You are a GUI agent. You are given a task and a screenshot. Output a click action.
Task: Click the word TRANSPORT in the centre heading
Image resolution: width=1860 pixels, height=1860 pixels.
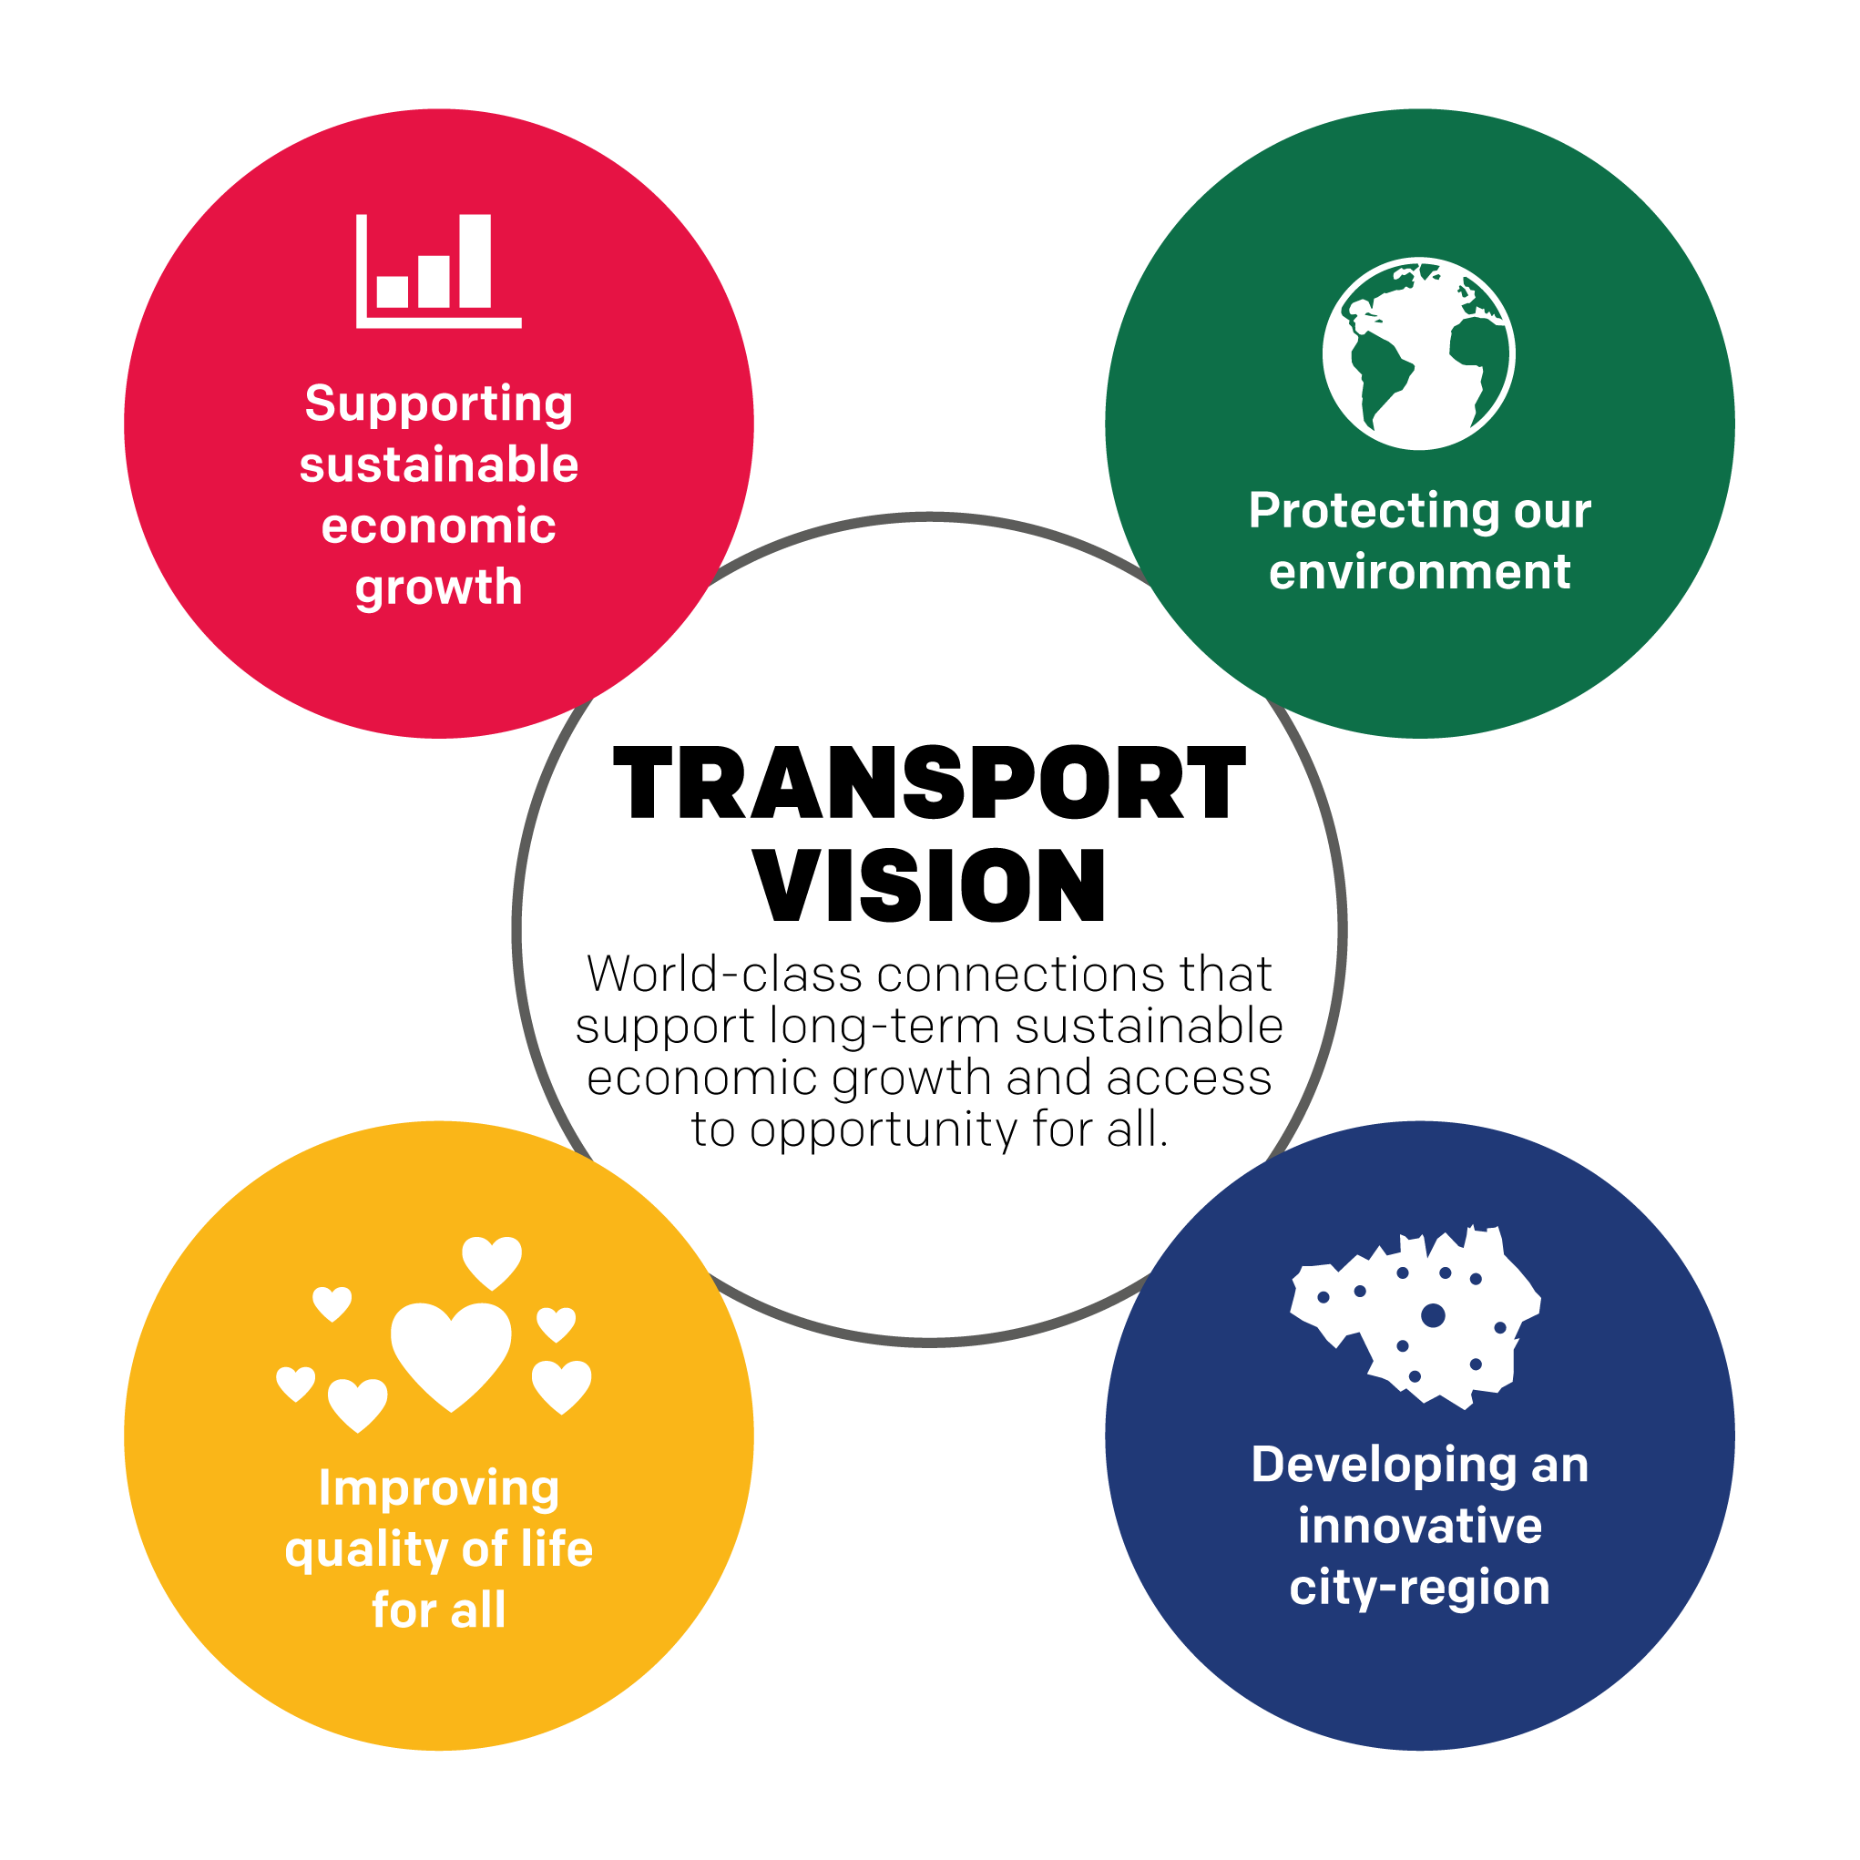929,784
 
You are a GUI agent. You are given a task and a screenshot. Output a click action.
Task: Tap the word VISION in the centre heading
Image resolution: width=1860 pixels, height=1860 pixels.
929,885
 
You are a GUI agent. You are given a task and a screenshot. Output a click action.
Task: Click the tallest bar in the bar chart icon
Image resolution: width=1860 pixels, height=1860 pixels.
475,261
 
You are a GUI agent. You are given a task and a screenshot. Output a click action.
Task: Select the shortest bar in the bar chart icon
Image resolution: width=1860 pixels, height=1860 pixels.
392,291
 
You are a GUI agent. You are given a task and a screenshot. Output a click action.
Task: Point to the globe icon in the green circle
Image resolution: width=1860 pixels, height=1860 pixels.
1418,353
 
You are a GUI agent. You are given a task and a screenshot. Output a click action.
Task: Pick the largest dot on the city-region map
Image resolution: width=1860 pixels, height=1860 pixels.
1433,1315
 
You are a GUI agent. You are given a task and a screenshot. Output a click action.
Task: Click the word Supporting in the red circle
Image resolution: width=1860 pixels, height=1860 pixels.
439,404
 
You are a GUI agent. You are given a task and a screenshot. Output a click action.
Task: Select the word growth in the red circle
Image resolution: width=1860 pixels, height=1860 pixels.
439,588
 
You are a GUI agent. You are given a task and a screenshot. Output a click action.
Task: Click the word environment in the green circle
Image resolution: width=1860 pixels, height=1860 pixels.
1419,572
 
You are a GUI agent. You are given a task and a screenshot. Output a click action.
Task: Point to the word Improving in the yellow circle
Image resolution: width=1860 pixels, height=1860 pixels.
439,1489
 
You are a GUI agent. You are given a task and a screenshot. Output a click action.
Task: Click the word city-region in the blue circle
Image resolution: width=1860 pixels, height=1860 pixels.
1419,1589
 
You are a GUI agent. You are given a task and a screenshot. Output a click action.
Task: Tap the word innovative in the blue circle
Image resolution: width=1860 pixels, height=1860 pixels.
1419,1527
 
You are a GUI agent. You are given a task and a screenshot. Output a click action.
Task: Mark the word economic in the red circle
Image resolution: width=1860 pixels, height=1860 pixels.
439,526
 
